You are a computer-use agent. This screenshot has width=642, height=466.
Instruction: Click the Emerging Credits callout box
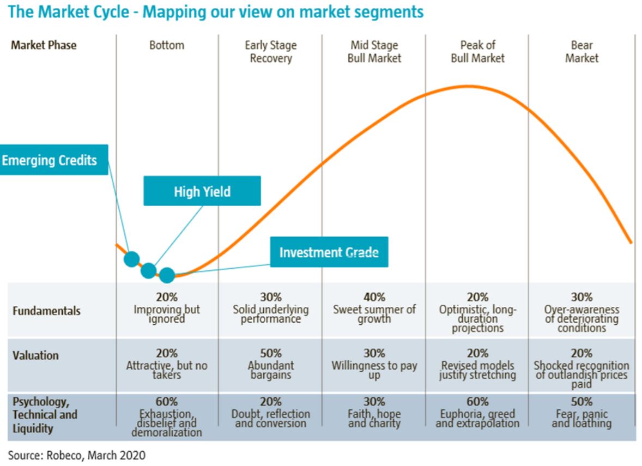[x=53, y=160]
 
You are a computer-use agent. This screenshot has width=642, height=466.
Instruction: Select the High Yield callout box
[x=202, y=191]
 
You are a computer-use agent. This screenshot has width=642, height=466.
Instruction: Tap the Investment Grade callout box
[x=329, y=252]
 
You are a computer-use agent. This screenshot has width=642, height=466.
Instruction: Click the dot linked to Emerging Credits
[x=132, y=259]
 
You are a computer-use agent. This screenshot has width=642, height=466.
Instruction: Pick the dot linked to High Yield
[x=149, y=270]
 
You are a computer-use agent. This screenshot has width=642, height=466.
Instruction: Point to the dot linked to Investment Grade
[x=167, y=275]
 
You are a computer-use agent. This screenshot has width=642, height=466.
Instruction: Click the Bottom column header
[x=167, y=45]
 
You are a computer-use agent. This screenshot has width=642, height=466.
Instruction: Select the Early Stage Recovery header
[x=271, y=52]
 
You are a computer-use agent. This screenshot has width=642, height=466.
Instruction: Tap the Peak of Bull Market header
[x=477, y=52]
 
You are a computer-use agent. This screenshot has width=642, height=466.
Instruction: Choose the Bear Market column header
[x=582, y=52]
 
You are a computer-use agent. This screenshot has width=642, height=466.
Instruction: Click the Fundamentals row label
[x=47, y=311]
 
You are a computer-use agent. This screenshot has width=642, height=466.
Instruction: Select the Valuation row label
[x=35, y=355]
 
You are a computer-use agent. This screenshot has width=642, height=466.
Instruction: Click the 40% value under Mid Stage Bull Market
[x=374, y=297]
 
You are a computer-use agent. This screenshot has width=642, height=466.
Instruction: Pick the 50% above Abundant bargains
[x=271, y=353]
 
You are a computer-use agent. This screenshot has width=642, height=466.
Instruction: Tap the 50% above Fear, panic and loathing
[x=582, y=401]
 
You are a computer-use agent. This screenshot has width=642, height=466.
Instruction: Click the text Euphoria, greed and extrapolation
[x=477, y=419]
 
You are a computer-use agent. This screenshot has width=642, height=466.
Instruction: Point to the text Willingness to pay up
[x=374, y=370]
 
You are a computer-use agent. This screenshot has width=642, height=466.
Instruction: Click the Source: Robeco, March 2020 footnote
[x=76, y=455]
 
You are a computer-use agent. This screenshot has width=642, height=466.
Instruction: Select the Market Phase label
[x=44, y=45]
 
